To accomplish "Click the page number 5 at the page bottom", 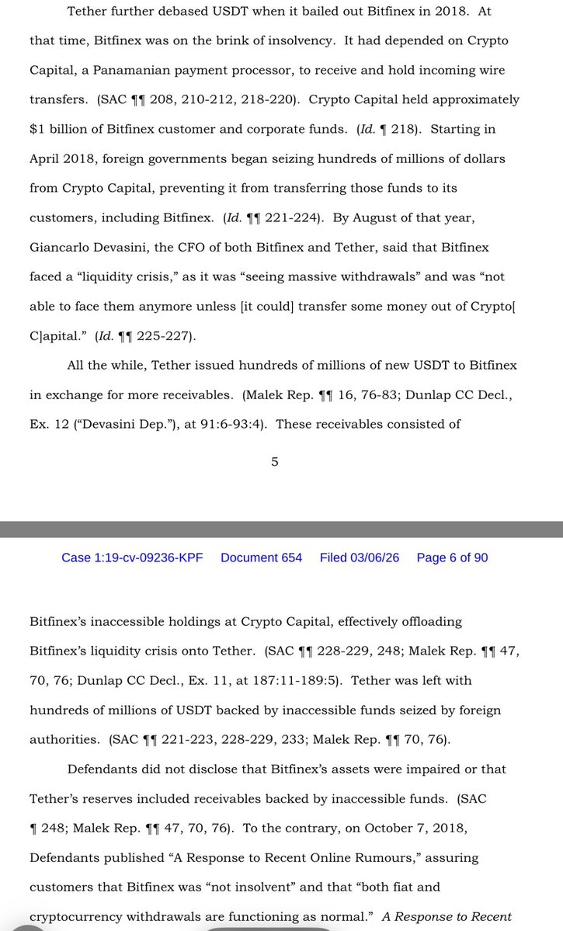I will (x=275, y=462).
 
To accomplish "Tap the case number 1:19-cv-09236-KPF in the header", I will (x=132, y=558).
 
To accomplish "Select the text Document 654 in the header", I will (x=261, y=558).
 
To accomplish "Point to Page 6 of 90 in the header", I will (x=452, y=558).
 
